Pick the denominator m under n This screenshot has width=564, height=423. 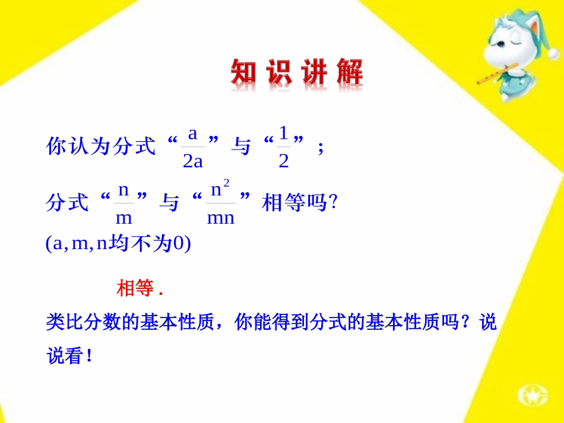[x=123, y=218]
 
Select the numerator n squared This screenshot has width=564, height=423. [x=221, y=190]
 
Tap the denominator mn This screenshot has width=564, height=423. [x=220, y=218]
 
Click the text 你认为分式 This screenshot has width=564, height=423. [x=101, y=147]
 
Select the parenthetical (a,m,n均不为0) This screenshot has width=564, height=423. [x=118, y=244]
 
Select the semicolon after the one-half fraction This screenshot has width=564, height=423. [x=321, y=147]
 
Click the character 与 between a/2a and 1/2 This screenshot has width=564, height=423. [x=240, y=147]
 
